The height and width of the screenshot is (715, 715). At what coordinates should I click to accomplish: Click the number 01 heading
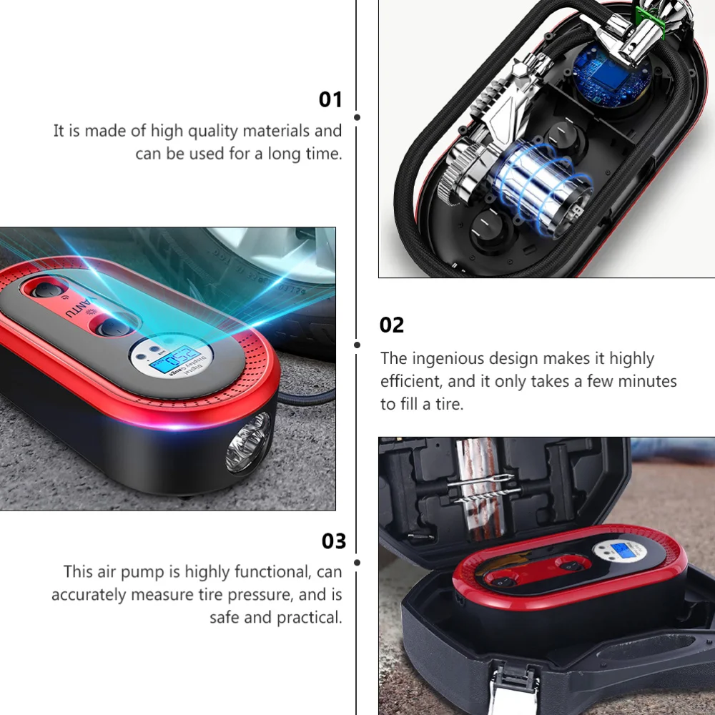[x=330, y=99]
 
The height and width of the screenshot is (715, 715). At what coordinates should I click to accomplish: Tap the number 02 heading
[x=392, y=325]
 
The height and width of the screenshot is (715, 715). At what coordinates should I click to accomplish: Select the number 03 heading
[x=333, y=541]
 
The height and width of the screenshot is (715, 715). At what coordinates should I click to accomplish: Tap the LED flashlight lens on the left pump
[x=248, y=445]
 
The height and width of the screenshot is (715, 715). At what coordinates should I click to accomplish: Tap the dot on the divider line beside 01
[x=357, y=117]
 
